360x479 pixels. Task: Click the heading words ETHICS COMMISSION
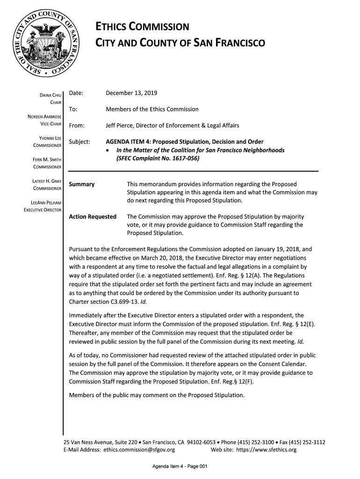142,27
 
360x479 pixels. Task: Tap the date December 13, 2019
132,93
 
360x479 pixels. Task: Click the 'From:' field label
77,126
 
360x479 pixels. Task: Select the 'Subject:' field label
79,142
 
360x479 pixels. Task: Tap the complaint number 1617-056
184,158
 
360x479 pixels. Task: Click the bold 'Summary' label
82,184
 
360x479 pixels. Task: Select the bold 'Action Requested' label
93,217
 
